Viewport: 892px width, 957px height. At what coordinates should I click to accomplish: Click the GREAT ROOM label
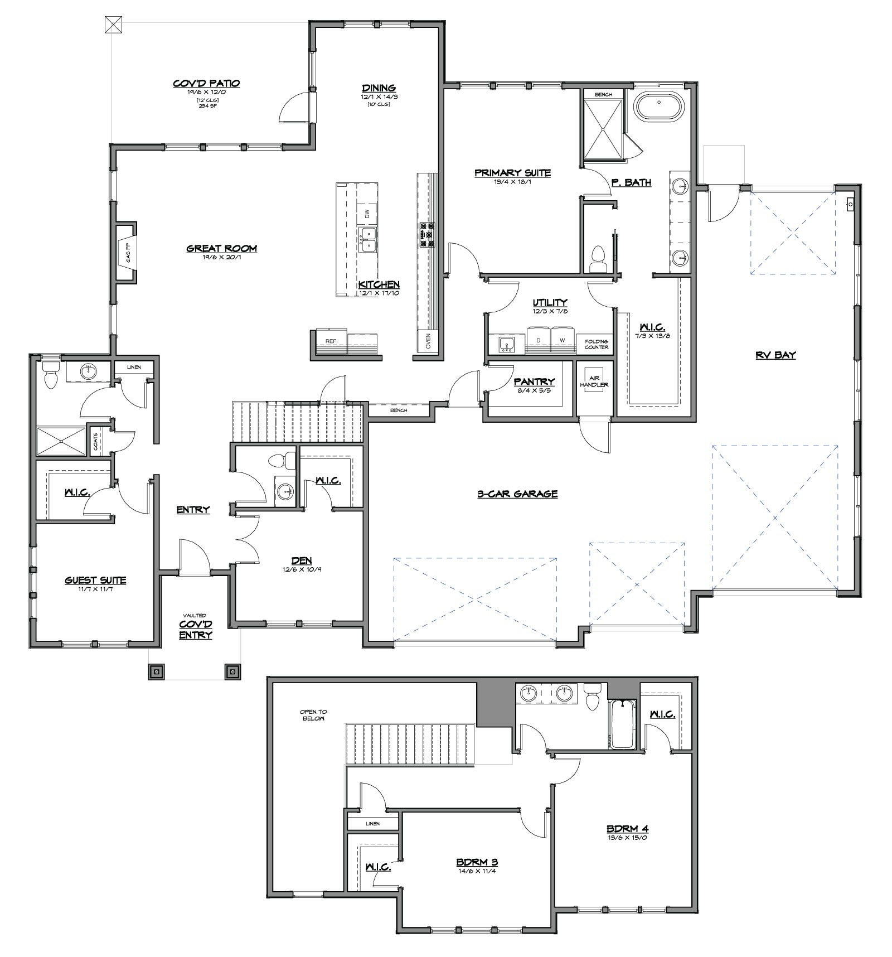(221, 249)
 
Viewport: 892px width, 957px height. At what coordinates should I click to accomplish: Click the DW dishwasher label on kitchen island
(367, 214)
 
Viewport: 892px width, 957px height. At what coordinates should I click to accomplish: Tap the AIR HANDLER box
(594, 381)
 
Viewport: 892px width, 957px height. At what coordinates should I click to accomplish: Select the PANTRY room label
(534, 382)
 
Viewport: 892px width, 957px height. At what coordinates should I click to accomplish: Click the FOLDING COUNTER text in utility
(596, 344)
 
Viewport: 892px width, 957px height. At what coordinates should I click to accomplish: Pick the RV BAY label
(775, 355)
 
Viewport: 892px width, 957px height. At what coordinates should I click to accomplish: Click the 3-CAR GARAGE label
(517, 494)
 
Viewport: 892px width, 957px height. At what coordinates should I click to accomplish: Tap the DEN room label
(301, 560)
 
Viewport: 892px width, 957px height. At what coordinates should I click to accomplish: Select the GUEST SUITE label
(95, 580)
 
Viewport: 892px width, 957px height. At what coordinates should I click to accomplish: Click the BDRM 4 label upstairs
(627, 829)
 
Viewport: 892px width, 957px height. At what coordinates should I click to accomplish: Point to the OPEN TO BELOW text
(313, 715)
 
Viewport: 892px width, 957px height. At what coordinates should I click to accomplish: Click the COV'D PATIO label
(206, 84)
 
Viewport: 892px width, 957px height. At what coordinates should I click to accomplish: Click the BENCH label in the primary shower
(603, 95)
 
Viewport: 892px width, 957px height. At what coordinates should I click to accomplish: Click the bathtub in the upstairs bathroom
(622, 724)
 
